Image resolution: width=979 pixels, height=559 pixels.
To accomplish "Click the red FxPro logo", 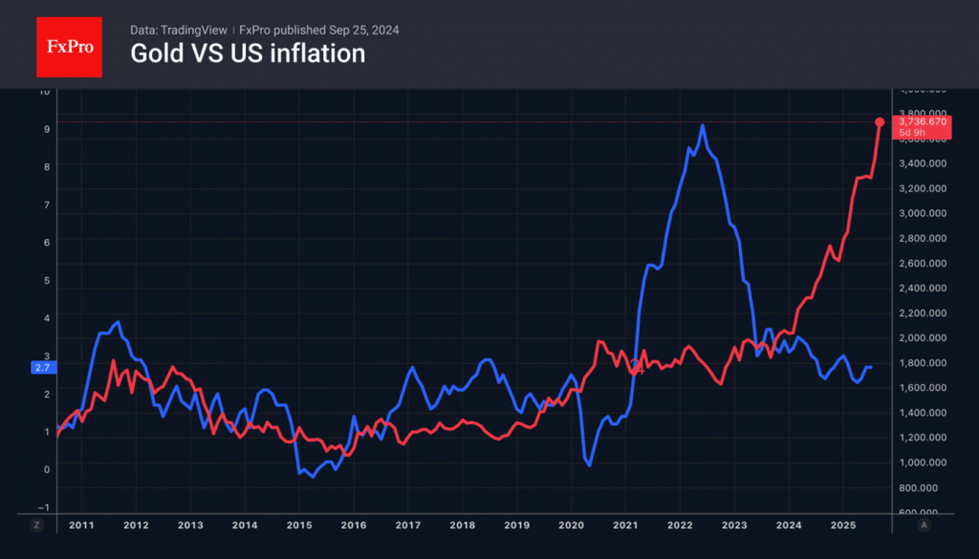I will [x=69, y=45].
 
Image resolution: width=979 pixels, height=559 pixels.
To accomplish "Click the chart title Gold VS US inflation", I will [x=248, y=54].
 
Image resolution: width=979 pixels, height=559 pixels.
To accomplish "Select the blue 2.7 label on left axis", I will [x=43, y=367].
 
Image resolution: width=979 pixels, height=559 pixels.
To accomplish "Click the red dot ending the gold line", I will [x=880, y=122].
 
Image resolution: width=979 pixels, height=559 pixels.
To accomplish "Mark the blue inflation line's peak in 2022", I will [x=703, y=125].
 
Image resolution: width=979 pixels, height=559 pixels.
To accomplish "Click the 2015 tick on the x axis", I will [x=300, y=526].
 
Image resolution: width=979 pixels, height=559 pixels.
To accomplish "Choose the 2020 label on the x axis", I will [x=571, y=526].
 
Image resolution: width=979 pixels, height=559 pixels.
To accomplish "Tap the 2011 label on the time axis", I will [x=82, y=526].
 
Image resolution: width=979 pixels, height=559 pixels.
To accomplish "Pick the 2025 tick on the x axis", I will [x=842, y=526].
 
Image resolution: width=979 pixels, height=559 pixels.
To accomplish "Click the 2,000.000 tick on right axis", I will [x=923, y=337].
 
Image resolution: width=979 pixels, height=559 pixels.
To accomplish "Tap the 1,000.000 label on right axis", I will [x=923, y=462].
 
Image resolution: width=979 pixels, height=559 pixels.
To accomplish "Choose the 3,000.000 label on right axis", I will [x=923, y=213].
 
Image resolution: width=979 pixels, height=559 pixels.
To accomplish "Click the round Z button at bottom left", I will [x=37, y=526].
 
